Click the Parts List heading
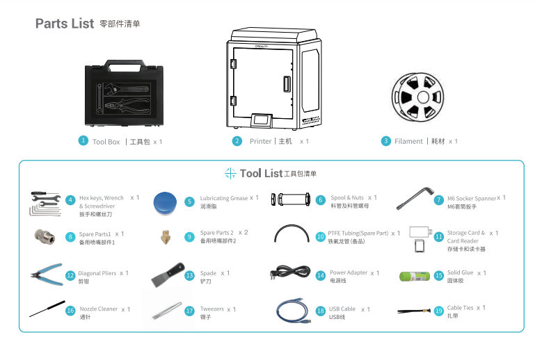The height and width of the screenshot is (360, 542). [65, 24]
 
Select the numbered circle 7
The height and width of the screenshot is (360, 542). [438, 200]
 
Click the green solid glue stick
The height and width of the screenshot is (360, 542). [415, 275]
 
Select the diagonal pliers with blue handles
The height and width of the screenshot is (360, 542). [47, 275]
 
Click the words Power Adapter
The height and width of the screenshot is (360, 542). [349, 273]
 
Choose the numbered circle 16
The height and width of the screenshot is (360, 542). [70, 311]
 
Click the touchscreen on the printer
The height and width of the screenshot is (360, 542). [262, 120]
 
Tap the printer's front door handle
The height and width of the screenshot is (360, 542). [285, 85]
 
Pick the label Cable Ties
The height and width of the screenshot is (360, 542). [460, 308]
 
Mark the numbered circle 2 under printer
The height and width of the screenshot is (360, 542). [237, 141]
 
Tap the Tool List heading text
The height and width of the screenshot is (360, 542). [261, 173]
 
